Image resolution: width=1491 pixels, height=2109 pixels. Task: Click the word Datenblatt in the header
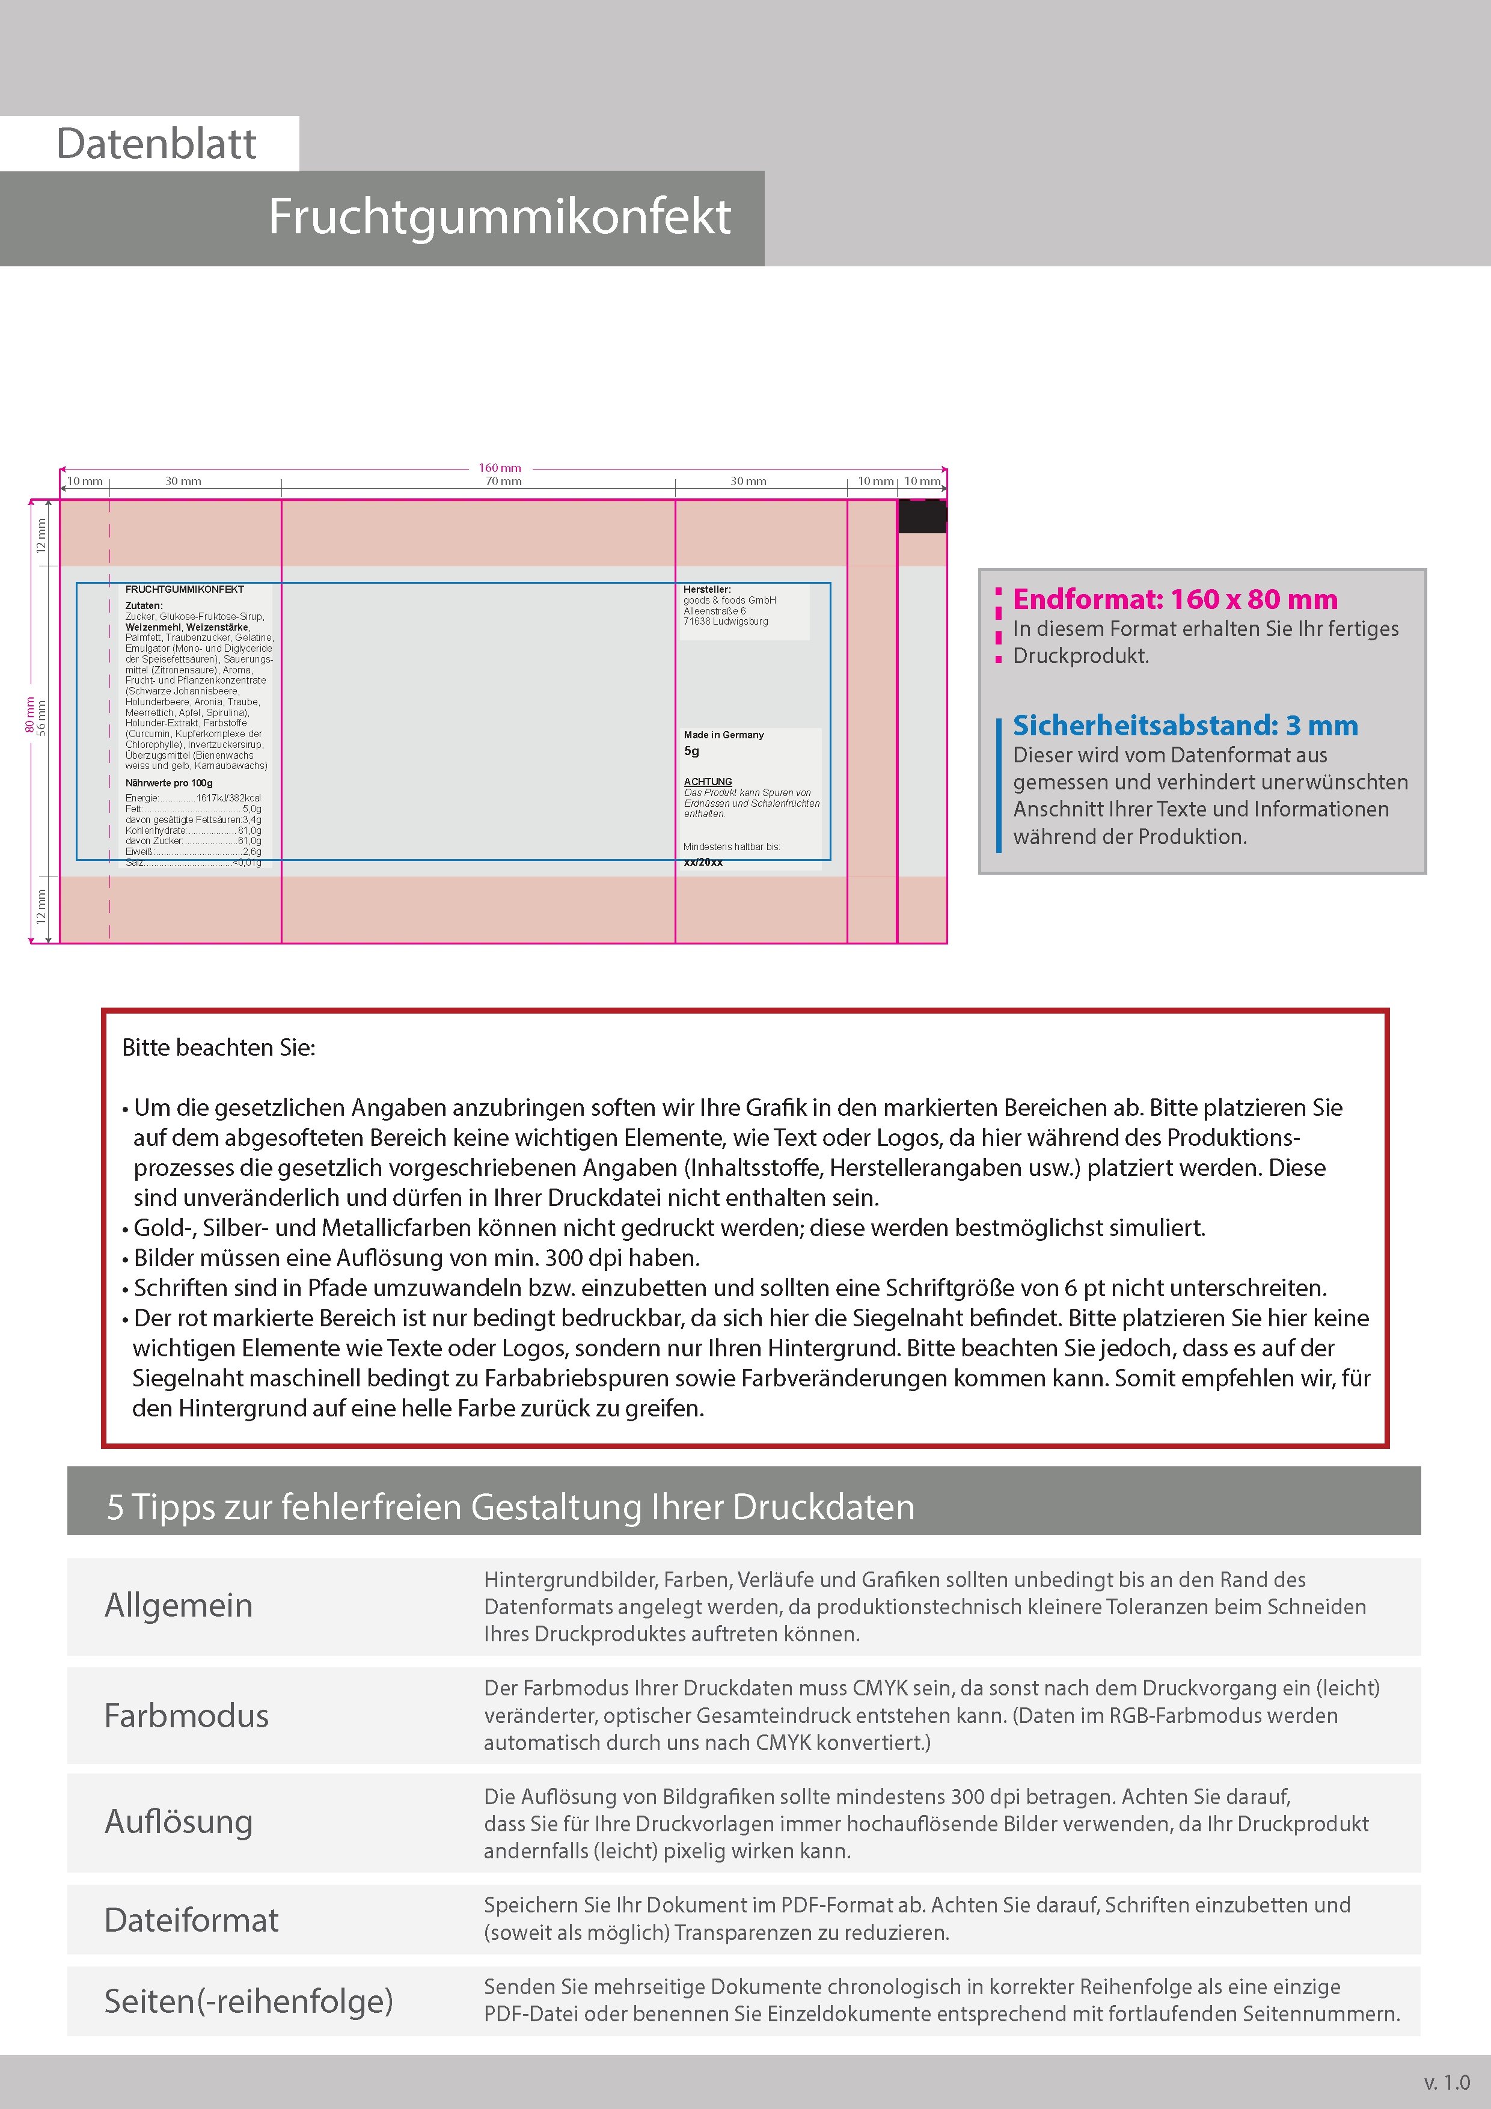[x=156, y=144]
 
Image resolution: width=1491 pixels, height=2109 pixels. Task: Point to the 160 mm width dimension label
[x=500, y=468]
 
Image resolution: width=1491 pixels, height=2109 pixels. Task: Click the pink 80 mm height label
[x=28, y=715]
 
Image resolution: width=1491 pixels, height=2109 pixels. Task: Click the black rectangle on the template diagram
[x=922, y=516]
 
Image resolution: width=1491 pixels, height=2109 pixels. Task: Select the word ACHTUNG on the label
[x=708, y=782]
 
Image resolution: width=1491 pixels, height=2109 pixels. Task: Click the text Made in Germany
[x=723, y=735]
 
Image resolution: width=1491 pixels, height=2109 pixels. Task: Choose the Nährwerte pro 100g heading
[x=169, y=783]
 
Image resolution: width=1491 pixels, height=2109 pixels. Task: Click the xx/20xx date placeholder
[x=703, y=863]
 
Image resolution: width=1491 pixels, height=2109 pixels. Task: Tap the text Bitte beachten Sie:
[x=219, y=1048]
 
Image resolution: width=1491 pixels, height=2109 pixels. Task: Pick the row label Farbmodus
[x=186, y=1716]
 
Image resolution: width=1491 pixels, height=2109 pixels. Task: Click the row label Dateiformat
[x=191, y=1920]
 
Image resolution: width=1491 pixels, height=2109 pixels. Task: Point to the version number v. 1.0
[x=1447, y=2083]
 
